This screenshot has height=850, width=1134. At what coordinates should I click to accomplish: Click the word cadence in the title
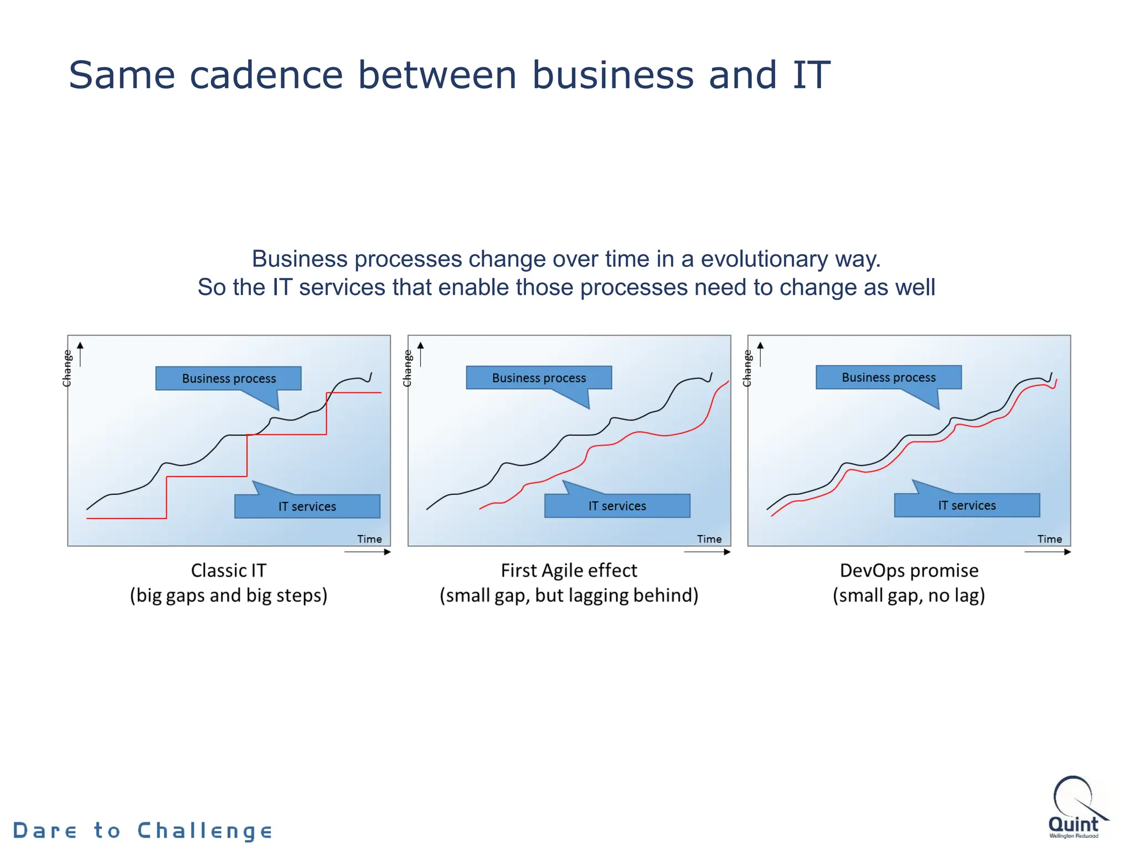coord(266,75)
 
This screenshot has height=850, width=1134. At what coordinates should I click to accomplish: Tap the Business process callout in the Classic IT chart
coord(228,379)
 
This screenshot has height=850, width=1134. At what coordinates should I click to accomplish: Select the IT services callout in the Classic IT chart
coord(307,506)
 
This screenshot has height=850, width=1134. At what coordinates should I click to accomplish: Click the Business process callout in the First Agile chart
coord(539,378)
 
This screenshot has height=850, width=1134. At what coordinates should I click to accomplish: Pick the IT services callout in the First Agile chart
coord(617,506)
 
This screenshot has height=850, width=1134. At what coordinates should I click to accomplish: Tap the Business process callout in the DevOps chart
coord(888,377)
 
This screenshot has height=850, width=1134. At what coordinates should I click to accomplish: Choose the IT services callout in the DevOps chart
coord(967,505)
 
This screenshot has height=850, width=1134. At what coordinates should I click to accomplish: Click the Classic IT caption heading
coord(228,571)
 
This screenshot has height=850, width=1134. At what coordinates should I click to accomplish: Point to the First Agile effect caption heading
coord(569,571)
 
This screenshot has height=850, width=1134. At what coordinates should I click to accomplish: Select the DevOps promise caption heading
coord(909,571)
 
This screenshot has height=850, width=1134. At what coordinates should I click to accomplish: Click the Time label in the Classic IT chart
coord(369,539)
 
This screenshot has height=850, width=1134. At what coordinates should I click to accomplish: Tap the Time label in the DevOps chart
coord(1049,539)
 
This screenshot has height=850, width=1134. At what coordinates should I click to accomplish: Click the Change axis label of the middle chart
coord(408,368)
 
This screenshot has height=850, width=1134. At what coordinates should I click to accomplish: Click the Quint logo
coord(1075,808)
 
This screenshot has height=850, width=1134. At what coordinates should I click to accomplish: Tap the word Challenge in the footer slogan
coord(205,831)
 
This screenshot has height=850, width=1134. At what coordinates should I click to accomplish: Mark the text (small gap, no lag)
coord(909,596)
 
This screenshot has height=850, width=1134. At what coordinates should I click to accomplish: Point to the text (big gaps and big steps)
coord(228,596)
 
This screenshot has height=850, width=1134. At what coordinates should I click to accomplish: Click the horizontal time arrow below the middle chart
coord(707,552)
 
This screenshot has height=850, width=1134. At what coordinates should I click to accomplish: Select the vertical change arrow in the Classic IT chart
coord(80,354)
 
